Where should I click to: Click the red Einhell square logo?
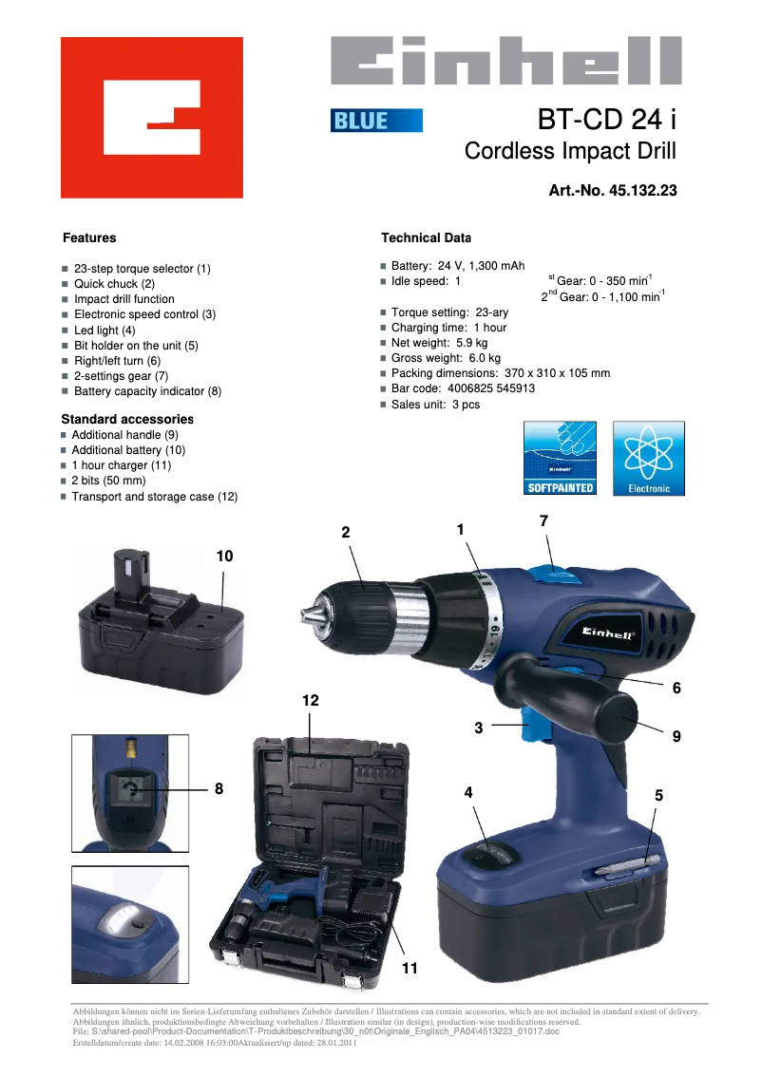point(152,118)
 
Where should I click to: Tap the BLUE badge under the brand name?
point(376,121)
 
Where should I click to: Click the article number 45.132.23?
point(613,191)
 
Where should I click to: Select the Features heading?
point(89,237)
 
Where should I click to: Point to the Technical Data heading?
point(426,237)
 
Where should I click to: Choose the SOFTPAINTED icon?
point(561,459)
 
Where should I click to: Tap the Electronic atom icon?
point(648,459)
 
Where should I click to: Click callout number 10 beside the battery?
point(224,556)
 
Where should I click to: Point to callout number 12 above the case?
point(311,700)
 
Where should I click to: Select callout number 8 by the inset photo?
point(219,788)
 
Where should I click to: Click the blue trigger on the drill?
point(539,729)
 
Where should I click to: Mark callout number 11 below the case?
point(410,969)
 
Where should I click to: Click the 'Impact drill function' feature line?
point(124,299)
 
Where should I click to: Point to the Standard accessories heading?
point(127,419)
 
